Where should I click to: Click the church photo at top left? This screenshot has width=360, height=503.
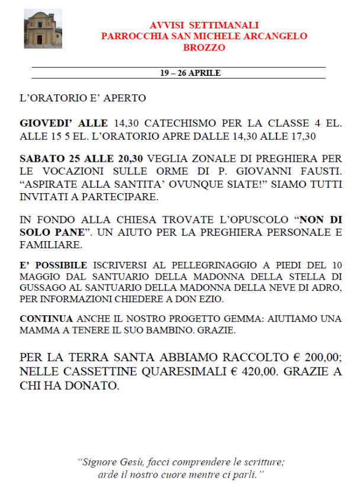tap(43, 29)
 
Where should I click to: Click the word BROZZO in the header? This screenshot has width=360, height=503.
tap(204, 47)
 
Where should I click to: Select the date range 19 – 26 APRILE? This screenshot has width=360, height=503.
tap(189, 73)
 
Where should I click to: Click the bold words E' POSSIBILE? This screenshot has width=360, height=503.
tap(53, 265)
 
